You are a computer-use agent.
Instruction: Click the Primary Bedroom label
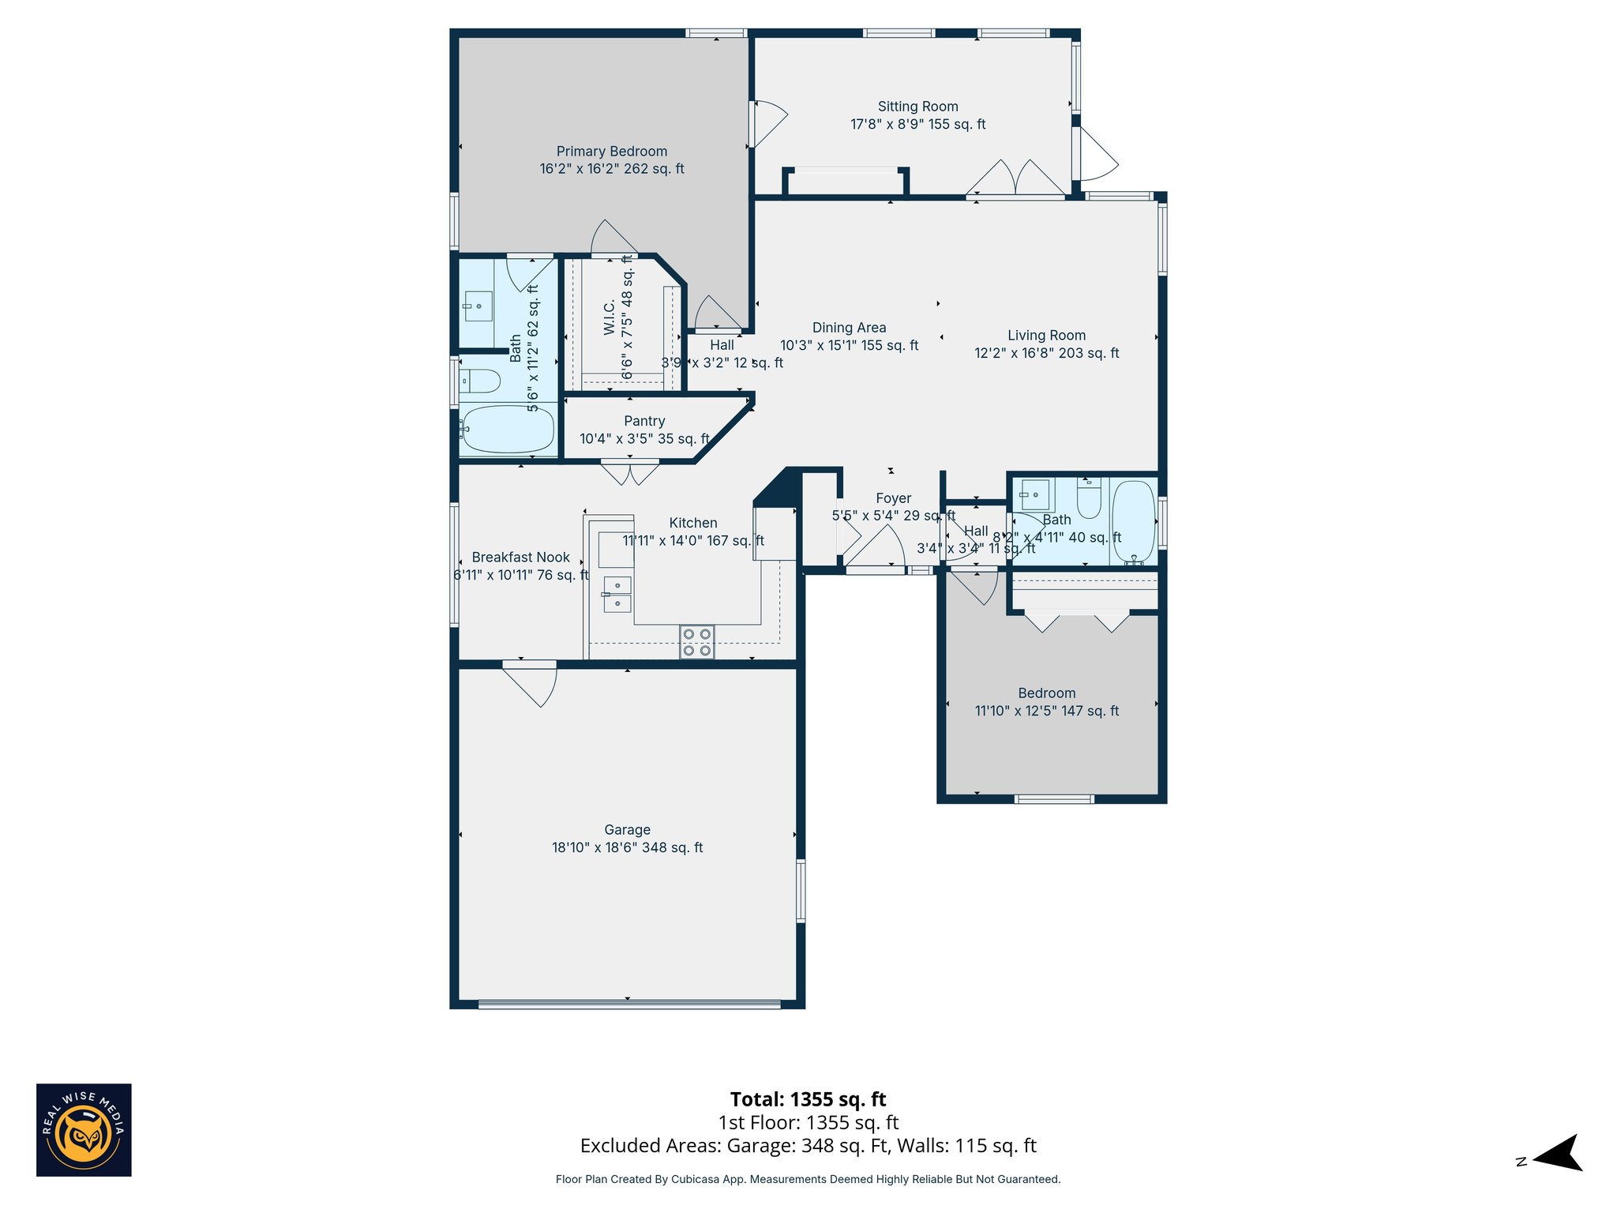pos(612,152)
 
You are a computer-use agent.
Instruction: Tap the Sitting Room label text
pos(917,107)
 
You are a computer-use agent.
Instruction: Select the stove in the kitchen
pos(696,642)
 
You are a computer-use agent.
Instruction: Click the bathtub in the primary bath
pos(508,429)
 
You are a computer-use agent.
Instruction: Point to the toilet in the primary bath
pos(481,382)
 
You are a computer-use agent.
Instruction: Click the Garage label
pos(627,830)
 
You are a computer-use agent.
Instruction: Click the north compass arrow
pos(1559,1155)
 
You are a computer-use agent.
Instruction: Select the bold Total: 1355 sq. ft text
pos(808,1099)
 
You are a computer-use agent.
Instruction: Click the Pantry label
pos(644,422)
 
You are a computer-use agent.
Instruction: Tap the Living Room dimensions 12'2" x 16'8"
pos(1046,354)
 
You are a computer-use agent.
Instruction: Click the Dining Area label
pos(849,328)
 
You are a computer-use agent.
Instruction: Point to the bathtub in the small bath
pos(1133,521)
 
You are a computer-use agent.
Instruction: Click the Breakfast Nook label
pos(520,558)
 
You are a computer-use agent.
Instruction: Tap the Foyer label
pos(893,498)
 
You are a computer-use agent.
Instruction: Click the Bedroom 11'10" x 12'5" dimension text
pos(1046,711)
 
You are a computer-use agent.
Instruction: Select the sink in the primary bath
pos(478,306)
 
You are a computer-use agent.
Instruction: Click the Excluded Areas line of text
pos(808,1146)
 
